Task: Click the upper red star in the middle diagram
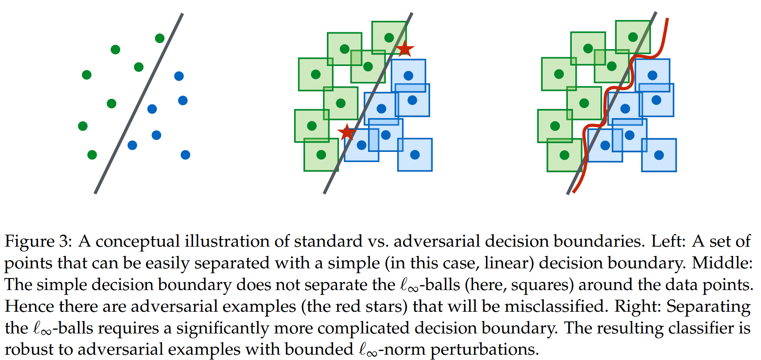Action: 404,48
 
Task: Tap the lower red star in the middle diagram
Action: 346,132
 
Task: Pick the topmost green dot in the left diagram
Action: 160,39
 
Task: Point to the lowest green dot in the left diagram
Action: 92,155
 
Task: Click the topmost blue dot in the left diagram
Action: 179,76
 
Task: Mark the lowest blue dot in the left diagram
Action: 186,155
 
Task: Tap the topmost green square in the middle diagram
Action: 389,37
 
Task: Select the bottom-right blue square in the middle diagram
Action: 415,155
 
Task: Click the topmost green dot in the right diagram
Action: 633,37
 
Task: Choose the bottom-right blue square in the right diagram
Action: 659,155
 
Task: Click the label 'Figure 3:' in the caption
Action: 38,242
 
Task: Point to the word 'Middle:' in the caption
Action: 722,263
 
